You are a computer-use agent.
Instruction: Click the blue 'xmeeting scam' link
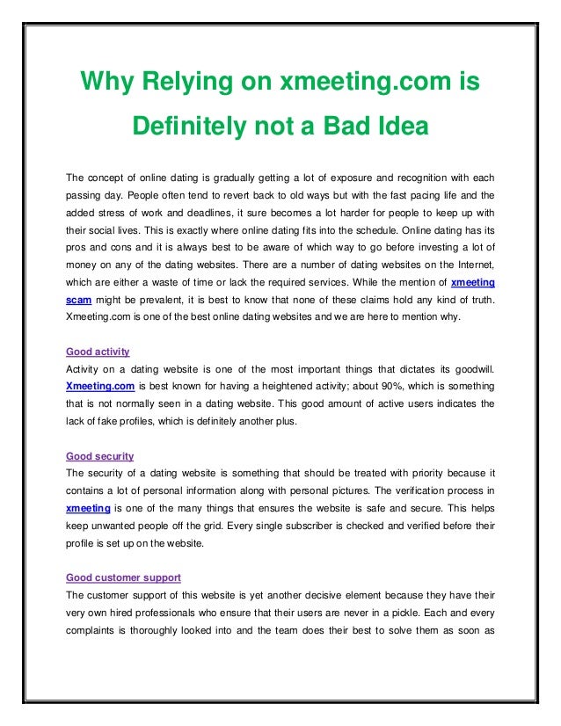point(472,283)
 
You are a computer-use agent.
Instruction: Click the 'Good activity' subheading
point(98,352)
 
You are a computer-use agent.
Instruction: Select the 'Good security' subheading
point(100,456)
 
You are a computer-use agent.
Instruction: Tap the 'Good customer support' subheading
point(124,577)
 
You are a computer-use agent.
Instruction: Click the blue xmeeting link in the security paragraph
point(88,508)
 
